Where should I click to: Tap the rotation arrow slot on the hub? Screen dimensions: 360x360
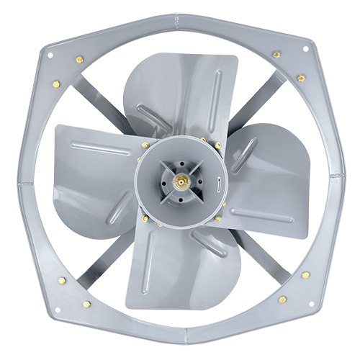pos(216,186)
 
